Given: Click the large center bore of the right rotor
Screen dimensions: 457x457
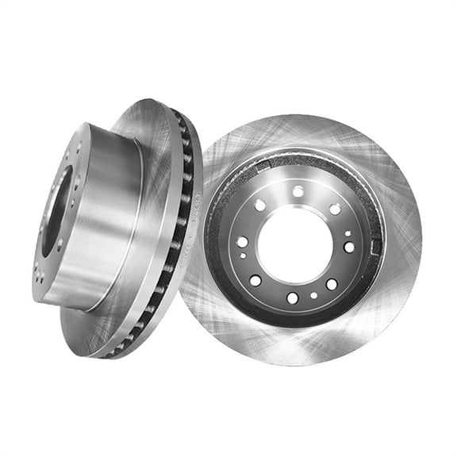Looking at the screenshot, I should point(294,245).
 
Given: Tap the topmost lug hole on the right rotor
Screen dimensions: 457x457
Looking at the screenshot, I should point(298,191).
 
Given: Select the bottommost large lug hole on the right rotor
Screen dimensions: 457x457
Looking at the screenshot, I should point(292,298).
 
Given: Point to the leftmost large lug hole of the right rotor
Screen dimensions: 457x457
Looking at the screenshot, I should point(241,242).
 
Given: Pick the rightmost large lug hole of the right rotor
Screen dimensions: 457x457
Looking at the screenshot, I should point(349,247).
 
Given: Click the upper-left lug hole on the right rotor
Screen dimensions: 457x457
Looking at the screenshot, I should point(259,205).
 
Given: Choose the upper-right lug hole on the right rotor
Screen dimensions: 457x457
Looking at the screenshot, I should point(335,209).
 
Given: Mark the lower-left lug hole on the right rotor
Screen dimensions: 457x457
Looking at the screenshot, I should point(255,280).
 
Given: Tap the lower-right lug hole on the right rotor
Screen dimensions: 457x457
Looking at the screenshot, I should point(331,284).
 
